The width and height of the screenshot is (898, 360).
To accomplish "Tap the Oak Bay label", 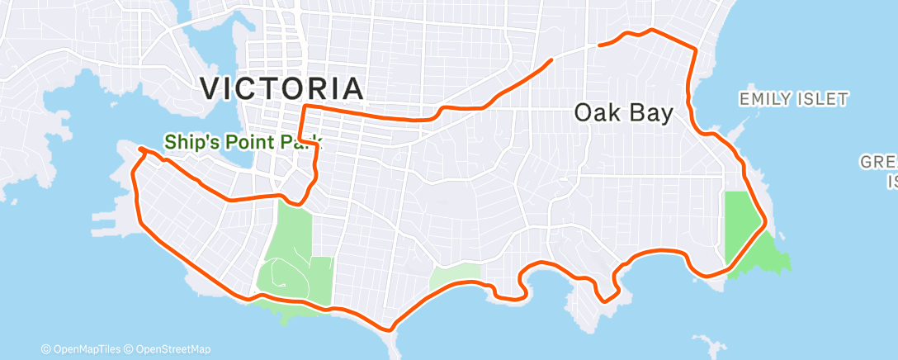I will [x=623, y=113].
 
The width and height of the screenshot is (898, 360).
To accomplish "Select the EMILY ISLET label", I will [x=793, y=100].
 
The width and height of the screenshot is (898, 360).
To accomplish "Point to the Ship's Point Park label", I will [x=243, y=142].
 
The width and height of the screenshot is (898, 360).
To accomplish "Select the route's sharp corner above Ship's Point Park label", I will [x=305, y=107].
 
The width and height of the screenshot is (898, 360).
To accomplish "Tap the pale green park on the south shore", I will [x=453, y=277].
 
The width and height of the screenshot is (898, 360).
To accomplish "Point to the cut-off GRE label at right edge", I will [x=880, y=162].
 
